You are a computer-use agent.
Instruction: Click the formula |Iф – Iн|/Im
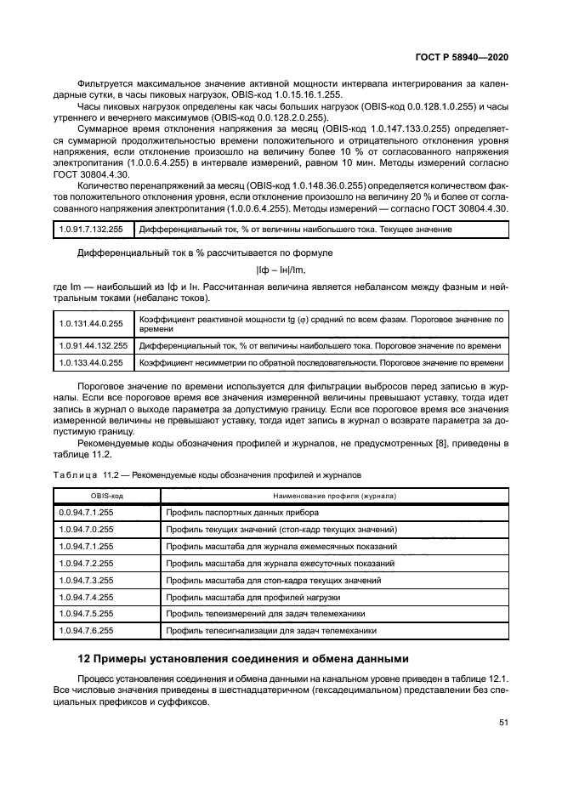pyautogui.click(x=281, y=270)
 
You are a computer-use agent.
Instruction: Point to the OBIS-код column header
pyautogui.click(x=106, y=496)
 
